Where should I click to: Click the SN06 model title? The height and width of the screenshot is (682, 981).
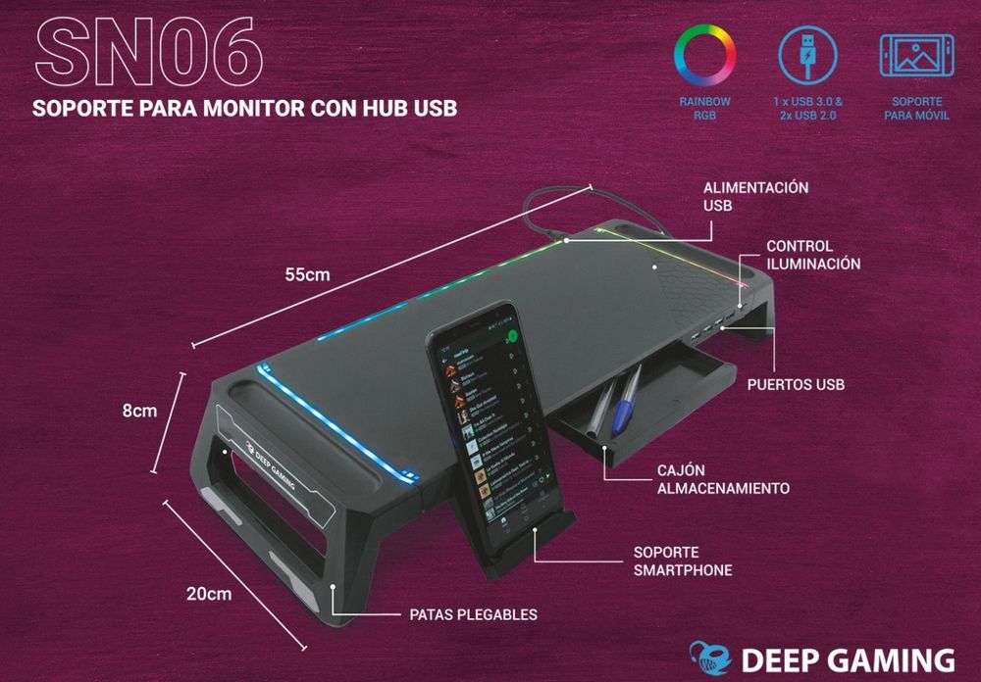point(148,49)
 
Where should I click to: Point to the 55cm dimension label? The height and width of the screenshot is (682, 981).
point(307,275)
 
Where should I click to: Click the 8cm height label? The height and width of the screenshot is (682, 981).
point(139,412)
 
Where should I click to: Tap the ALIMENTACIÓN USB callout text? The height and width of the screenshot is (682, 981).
point(742,197)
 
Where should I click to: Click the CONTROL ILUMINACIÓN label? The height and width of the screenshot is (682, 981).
point(813,255)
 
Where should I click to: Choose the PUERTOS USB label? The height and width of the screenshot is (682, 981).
point(796,384)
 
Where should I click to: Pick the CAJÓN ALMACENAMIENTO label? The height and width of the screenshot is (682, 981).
point(723,479)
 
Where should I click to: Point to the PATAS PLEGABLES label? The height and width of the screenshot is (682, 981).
point(473,615)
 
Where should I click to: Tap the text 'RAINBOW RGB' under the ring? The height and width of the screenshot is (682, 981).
point(704,109)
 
